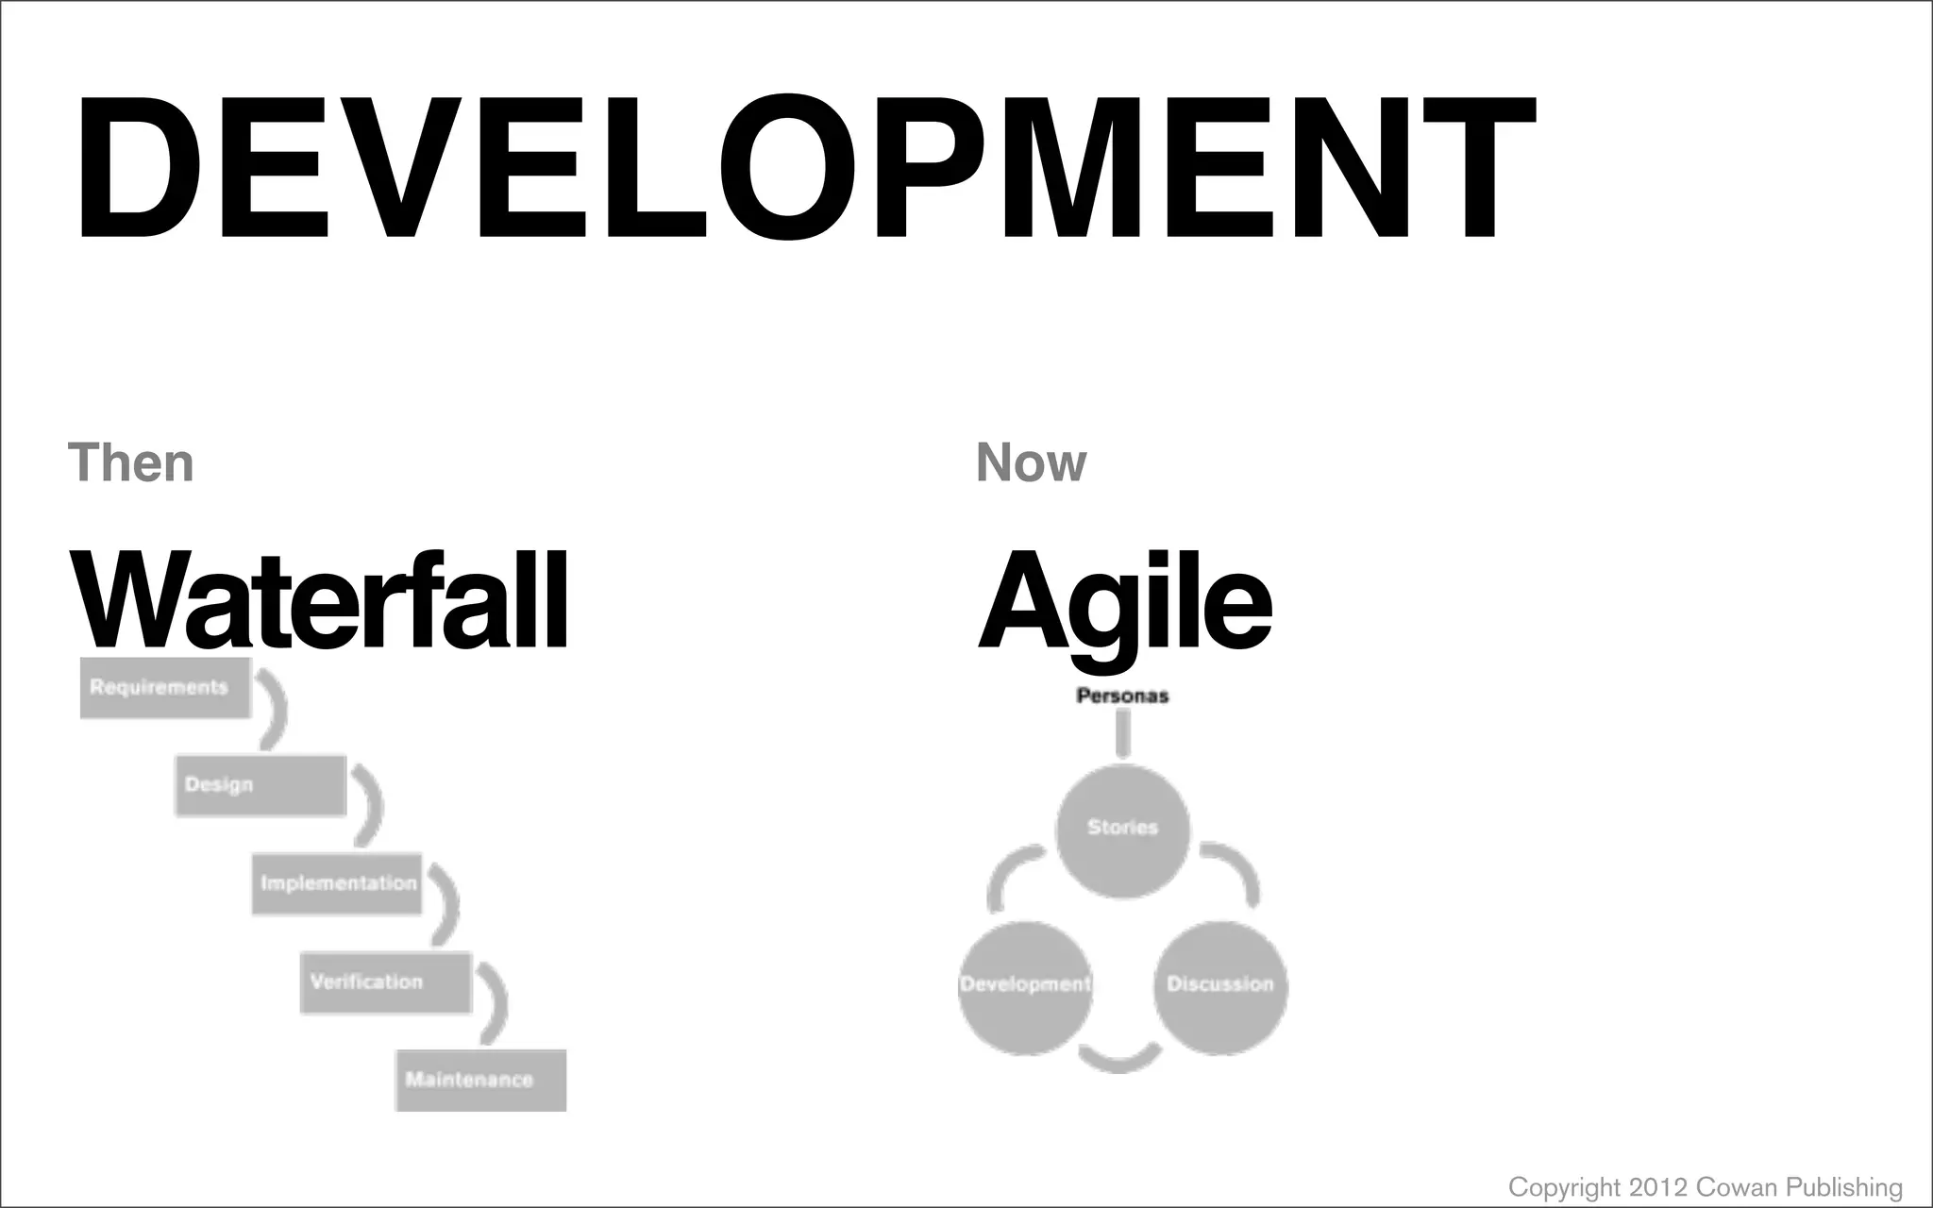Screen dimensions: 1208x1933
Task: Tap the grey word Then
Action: point(131,462)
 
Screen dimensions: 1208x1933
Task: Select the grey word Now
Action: point(1031,462)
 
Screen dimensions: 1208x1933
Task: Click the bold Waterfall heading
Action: point(319,601)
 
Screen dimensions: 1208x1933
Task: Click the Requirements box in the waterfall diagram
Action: point(165,687)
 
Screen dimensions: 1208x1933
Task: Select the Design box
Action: point(261,785)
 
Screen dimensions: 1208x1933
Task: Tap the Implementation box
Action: point(337,883)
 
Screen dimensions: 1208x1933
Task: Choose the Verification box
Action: point(385,982)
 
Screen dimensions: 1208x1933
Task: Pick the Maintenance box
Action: point(480,1080)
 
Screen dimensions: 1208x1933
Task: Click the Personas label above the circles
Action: point(1122,696)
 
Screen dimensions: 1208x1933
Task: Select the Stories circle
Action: point(1122,830)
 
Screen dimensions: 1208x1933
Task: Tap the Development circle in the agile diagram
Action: point(1025,986)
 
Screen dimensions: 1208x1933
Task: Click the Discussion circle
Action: point(1220,986)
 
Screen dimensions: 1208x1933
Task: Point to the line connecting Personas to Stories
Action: point(1122,733)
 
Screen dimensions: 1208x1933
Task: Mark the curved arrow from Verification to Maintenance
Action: point(495,1002)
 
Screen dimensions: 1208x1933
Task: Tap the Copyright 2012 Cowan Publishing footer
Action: point(1705,1186)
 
